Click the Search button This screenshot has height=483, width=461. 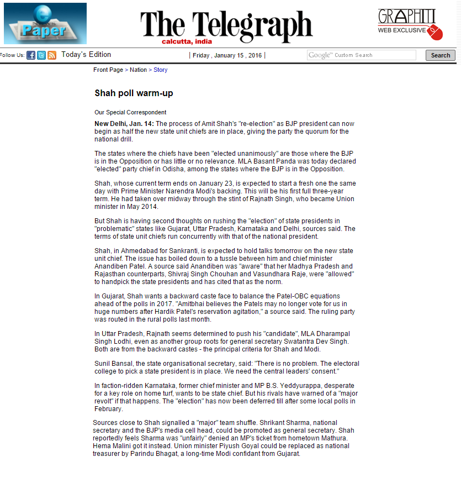click(x=440, y=55)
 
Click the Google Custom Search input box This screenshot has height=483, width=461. click(x=362, y=55)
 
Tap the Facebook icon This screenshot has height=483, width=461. click(x=31, y=55)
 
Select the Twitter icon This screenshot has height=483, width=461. click(x=41, y=55)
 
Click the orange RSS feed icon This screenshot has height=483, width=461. click(x=52, y=55)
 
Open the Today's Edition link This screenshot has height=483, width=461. click(x=86, y=55)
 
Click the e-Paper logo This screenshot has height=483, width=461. click(x=45, y=23)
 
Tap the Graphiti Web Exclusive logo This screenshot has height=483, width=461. click(x=410, y=24)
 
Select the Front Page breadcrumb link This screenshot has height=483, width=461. click(x=108, y=70)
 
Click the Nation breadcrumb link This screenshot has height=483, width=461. click(x=138, y=70)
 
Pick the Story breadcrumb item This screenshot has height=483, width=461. click(x=160, y=70)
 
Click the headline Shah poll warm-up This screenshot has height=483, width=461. click(x=134, y=93)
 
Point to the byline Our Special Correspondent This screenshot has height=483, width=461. click(x=130, y=112)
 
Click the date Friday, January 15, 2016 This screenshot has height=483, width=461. click(x=227, y=55)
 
